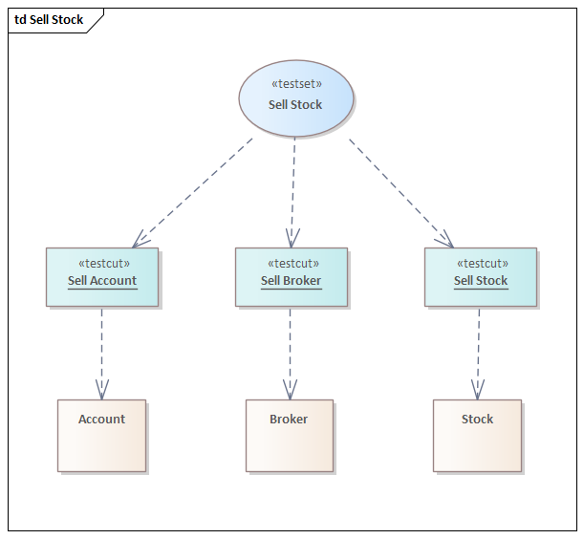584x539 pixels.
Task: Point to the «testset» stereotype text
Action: point(295,84)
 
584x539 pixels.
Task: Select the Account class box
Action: point(101,444)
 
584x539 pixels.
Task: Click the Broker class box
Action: point(289,444)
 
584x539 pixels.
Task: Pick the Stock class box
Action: point(477,444)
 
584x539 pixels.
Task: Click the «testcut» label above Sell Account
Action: point(103,263)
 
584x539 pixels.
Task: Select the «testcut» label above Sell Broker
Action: point(292,263)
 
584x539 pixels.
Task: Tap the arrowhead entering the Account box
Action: point(102,391)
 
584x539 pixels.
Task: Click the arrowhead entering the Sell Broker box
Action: point(291,239)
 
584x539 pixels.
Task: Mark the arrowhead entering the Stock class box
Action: point(478,391)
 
